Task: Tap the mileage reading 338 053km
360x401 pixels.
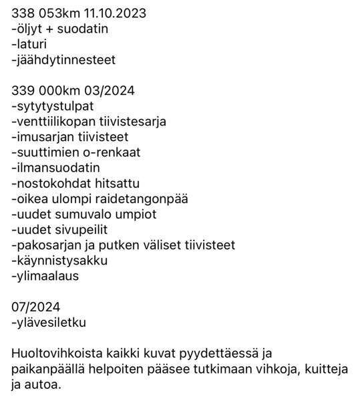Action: [x=43, y=13]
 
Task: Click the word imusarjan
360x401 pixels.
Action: [x=43, y=137]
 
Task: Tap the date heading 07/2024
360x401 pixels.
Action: [x=36, y=307]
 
